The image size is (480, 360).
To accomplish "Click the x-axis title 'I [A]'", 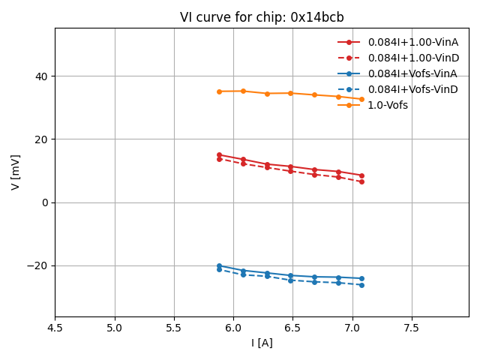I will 262,343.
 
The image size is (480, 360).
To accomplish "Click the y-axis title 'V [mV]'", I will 16,172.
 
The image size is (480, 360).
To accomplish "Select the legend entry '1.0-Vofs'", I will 388,105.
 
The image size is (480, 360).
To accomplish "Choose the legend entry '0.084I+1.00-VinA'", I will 412,42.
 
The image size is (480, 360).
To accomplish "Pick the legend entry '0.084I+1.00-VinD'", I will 413,58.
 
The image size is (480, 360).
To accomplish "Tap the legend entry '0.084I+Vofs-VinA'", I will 412,73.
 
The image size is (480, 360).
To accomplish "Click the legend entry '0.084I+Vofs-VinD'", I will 412,89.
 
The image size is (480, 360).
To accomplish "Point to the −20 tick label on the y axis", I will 37,265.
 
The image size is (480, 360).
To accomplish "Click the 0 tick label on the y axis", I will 45,202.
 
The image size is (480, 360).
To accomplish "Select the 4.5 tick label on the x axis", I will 55,328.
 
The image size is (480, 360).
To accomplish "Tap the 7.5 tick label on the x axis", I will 412,328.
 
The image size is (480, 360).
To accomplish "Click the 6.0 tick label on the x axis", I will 233,328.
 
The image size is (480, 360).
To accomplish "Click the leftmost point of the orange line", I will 219,91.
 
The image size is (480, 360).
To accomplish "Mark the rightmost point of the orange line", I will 361,99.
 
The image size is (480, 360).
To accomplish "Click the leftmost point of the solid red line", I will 219,154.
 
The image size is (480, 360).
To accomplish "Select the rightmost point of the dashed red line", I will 361,181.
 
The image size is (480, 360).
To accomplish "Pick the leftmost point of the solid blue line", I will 219,265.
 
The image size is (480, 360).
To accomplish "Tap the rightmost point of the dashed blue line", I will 361,285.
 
